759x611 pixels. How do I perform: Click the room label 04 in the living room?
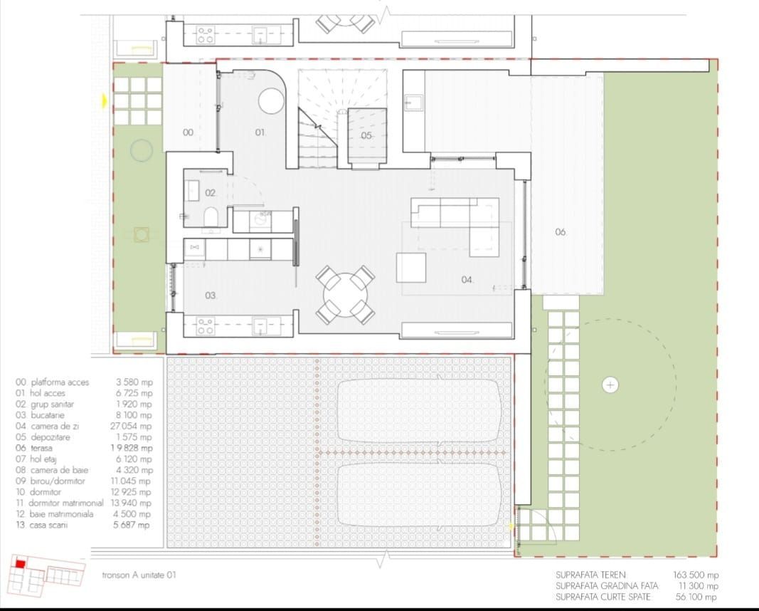467,280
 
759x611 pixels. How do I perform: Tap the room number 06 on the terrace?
561,232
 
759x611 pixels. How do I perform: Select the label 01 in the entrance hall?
260,132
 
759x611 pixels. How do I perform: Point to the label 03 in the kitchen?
211,296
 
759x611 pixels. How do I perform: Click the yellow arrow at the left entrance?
105,102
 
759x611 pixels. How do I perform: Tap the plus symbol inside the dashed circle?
610,385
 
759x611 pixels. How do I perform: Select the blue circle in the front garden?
141,150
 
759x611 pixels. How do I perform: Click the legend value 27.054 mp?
134,426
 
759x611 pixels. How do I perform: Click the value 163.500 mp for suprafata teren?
695,575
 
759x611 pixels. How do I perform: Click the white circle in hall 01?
271,100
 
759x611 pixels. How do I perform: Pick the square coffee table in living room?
411,267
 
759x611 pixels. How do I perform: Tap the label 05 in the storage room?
366,135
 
